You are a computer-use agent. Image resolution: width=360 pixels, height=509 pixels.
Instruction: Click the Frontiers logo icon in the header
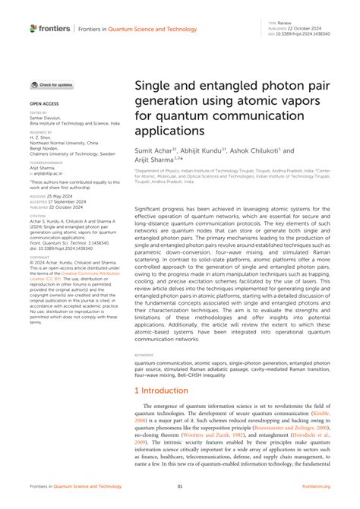click(x=33, y=28)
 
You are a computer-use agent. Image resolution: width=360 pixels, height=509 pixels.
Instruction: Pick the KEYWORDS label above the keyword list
click(x=145, y=355)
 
